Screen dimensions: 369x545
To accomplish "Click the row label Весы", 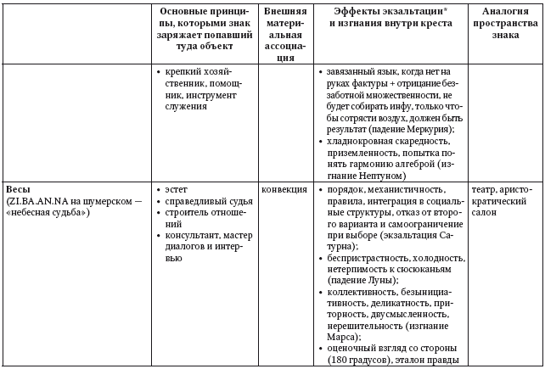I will [x=18, y=187].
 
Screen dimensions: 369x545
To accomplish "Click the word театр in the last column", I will [x=491, y=187].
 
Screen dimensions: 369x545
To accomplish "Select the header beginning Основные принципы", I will [x=205, y=24].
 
